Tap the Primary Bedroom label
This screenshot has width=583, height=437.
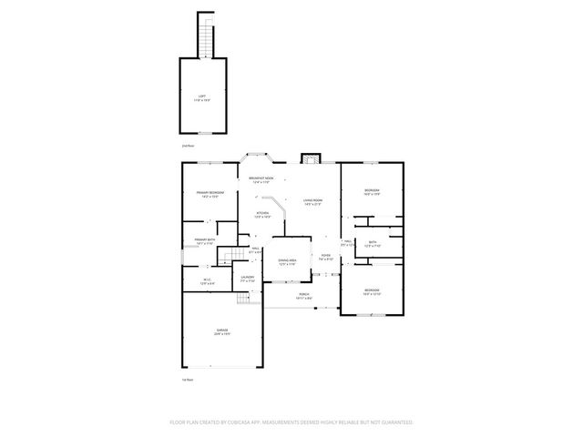210,194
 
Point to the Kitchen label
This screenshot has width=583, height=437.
261,216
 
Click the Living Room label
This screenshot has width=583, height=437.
313,203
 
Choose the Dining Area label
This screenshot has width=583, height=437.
287,261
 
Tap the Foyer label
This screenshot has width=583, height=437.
325,257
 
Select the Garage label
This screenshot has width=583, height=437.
221,331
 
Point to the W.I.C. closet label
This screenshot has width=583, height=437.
206,280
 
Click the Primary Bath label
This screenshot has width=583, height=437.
204,241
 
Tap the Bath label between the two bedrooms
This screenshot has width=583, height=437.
372,243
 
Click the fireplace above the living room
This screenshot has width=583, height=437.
311,158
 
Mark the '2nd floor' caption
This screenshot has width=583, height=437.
188,146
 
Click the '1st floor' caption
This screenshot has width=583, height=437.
188,379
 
